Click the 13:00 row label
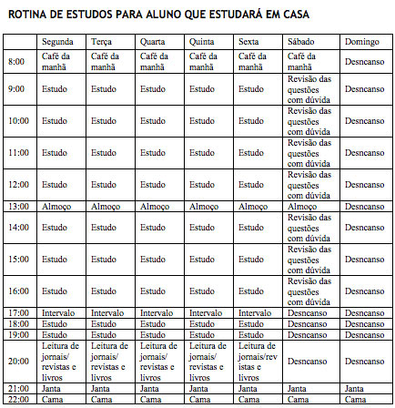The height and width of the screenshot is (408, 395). click(x=17, y=207)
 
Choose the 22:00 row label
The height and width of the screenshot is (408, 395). click(x=17, y=399)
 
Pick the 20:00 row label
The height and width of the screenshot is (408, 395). click(x=17, y=361)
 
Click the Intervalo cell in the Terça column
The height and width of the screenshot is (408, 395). click(x=107, y=312)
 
